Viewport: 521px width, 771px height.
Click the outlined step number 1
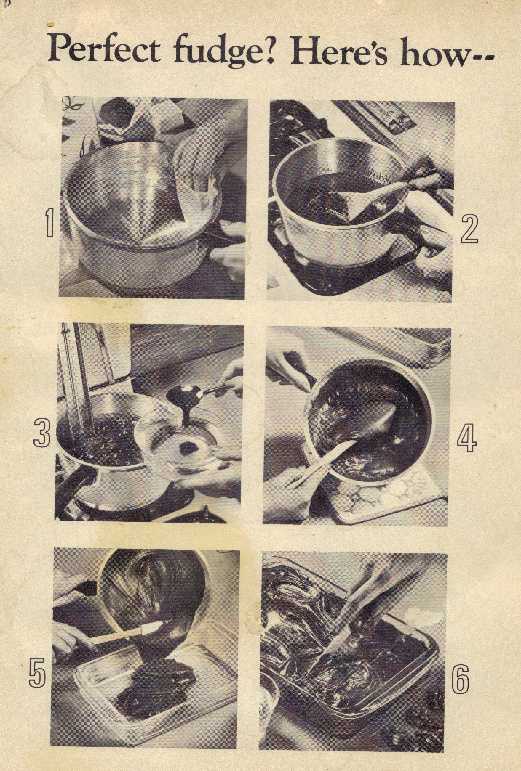pyautogui.click(x=49, y=225)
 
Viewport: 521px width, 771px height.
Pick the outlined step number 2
pyautogui.click(x=469, y=229)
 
